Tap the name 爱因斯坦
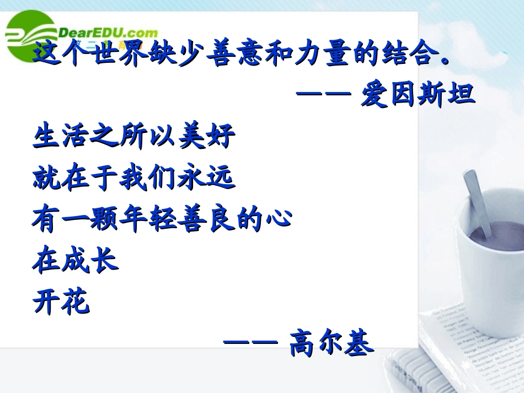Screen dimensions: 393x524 coord(418,95)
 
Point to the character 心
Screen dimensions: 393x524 coord(277,219)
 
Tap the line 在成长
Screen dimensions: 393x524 coord(76,260)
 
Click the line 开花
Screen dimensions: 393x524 coord(61,302)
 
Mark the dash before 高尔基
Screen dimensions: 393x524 coord(249,342)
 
